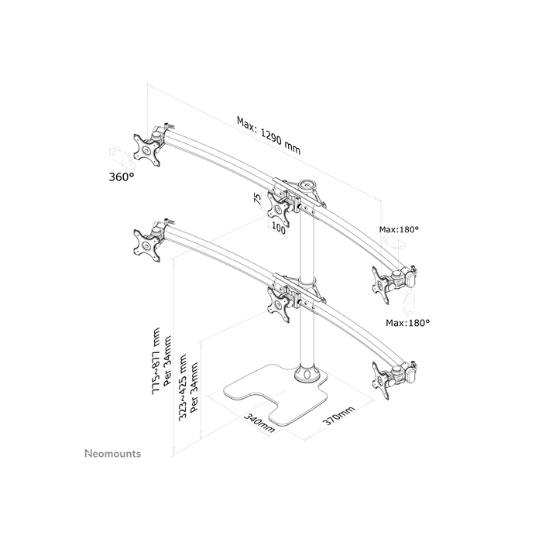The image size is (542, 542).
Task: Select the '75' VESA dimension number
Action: pos(256,198)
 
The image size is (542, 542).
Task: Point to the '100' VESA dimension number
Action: pos(279,228)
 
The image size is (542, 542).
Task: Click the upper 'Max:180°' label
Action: pos(399,229)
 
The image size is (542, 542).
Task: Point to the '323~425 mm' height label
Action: pos(184,384)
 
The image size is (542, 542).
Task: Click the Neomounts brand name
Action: pos(112,451)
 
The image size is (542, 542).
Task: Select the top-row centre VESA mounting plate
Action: pos(278,206)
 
